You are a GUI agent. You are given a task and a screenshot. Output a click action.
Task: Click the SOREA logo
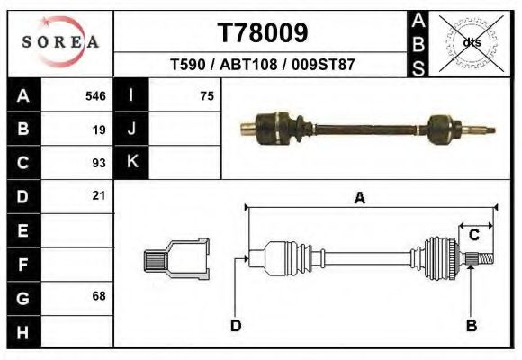point(60,42)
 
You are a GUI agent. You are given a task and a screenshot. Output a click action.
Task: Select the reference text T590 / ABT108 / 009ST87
point(263,65)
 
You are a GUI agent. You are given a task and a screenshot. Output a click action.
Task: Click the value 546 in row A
point(95,95)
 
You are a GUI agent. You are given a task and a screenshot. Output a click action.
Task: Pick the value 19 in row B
point(99,129)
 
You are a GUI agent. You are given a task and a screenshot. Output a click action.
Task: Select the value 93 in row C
point(99,163)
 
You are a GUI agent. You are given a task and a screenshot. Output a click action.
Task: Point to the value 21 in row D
point(99,195)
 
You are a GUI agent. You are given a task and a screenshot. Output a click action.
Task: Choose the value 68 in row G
point(99,296)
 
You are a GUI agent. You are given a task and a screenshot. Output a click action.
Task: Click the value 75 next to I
point(206,95)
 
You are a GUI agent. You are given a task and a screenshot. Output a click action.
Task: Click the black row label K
point(132,162)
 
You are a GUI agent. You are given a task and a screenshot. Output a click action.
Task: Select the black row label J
point(132,129)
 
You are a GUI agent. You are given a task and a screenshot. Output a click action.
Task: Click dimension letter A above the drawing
point(359,199)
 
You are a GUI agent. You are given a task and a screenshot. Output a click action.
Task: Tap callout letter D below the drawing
point(236,326)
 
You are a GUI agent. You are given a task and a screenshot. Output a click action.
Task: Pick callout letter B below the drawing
point(471,326)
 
